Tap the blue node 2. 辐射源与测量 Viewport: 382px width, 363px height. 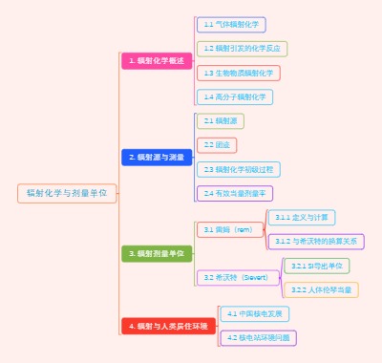pos(159,157)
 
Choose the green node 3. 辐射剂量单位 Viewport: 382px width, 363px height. pos(158,253)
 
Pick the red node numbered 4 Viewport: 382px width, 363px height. pos(168,326)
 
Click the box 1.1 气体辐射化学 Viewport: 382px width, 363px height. pos(230,24)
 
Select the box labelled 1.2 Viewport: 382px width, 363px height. pos(242,48)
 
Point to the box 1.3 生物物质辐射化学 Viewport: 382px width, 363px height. pos(238,73)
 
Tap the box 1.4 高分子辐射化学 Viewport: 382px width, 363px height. pos(234,96)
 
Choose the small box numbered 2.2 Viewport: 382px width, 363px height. pos(212,145)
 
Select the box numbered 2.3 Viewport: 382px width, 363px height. pos(239,169)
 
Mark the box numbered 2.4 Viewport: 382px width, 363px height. pos(234,193)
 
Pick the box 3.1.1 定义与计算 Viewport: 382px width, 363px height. pos(300,217)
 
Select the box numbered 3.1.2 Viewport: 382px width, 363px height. pos(315,241)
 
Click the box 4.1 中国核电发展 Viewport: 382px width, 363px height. pos(255,313)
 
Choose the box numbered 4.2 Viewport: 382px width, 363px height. pos(258,337)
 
